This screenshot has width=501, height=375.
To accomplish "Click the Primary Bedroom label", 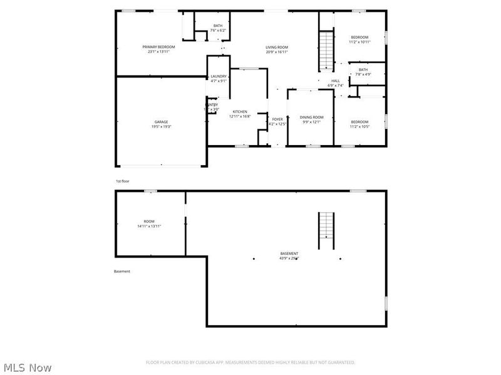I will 158,47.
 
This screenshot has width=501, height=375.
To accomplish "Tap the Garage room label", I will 162,122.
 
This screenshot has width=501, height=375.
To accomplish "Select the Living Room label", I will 276,47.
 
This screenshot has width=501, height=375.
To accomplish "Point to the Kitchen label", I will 240,112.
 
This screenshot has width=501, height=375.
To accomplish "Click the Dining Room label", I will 311,117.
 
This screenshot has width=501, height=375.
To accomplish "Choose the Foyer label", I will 277,119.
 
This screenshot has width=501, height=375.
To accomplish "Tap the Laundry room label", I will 219,76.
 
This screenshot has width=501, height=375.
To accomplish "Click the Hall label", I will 336,81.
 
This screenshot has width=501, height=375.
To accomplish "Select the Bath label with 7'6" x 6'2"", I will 217,26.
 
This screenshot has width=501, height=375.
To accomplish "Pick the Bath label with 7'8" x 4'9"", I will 363,69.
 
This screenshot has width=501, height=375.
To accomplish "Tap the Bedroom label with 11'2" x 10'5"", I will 359,122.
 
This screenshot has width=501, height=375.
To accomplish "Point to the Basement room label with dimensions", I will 289,254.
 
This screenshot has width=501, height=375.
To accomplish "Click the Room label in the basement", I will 149,221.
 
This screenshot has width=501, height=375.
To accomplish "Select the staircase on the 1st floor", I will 326,51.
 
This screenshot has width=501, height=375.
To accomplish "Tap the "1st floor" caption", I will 123,181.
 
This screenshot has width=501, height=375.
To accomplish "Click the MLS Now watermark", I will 28,367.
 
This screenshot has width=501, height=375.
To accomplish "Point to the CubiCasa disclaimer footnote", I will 250,362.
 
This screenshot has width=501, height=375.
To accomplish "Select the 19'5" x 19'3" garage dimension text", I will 162,126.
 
